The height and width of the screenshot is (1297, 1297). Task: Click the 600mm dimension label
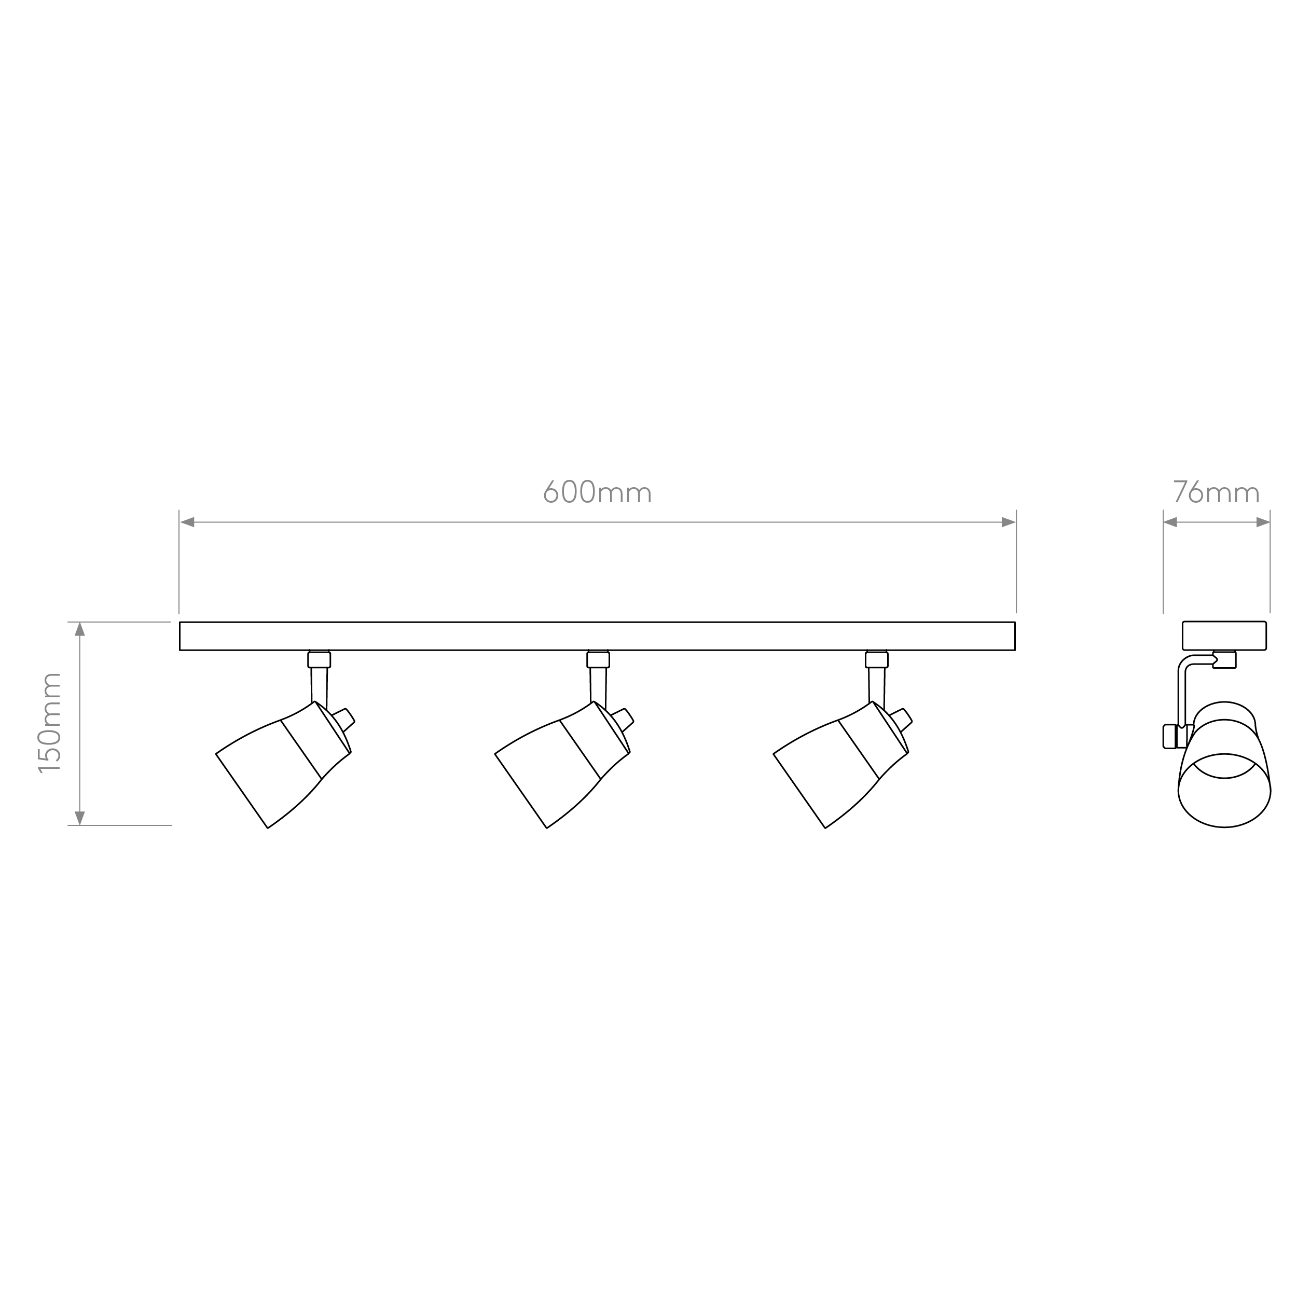597,492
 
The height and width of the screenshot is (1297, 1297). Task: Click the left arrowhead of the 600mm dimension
187,522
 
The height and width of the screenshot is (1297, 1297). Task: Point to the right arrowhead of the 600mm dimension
1009,522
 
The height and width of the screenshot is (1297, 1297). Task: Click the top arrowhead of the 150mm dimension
80,629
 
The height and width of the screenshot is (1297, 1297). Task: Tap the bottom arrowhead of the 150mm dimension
80,818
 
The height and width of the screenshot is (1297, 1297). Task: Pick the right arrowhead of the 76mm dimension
1263,522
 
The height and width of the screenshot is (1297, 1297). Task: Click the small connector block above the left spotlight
319,659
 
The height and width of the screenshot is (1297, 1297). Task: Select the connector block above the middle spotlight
598,659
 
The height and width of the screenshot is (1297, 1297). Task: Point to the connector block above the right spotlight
877,659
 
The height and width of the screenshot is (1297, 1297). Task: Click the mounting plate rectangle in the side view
1224,636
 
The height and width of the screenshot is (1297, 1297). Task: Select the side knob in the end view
1169,737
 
